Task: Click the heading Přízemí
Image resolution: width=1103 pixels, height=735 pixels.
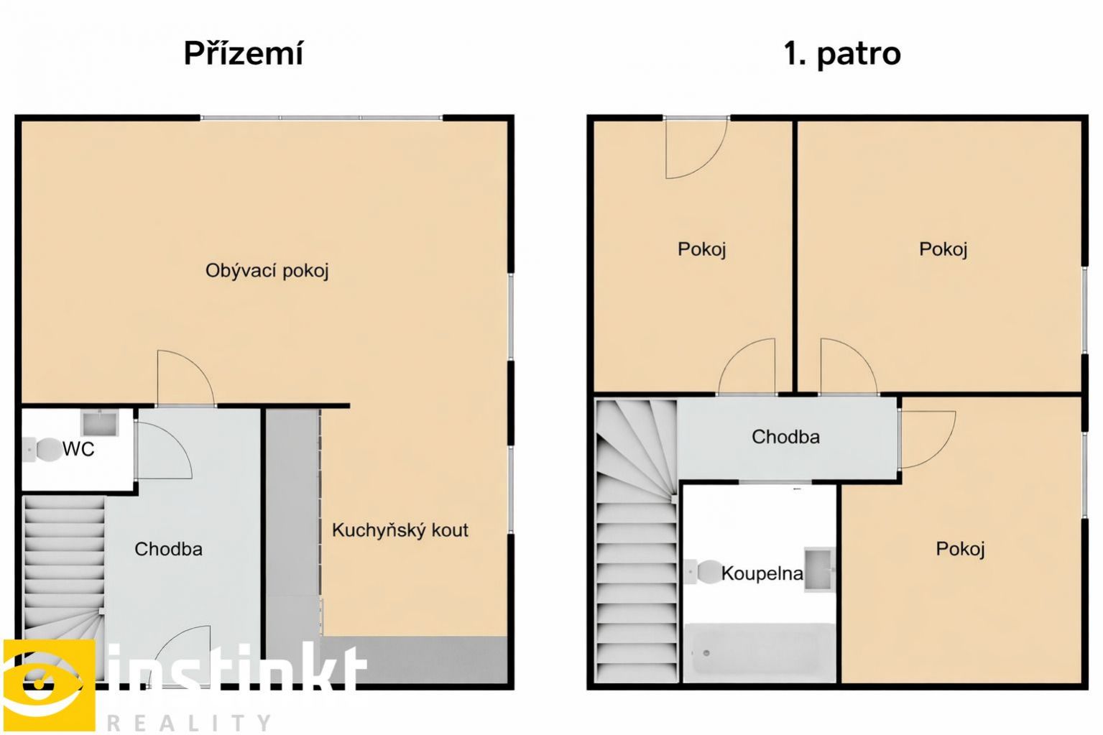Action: point(244,54)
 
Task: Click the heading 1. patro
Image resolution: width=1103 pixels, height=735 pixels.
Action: point(842,54)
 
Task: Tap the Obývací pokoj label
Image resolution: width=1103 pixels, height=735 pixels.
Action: point(267,271)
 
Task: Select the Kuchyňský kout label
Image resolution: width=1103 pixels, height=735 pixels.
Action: point(400,530)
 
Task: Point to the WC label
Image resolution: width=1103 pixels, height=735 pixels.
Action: point(78,449)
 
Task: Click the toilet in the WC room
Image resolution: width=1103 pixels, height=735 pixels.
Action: point(42,449)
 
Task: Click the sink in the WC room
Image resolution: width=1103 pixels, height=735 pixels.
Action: point(100,423)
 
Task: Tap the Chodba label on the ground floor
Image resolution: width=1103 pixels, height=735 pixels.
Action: point(168,549)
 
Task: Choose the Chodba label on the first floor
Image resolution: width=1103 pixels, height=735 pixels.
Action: point(785,437)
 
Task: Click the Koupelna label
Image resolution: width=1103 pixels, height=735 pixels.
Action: point(762,573)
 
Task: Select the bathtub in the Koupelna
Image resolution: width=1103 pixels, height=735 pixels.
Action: point(760,652)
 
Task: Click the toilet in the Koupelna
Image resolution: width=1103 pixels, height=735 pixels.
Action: point(703,572)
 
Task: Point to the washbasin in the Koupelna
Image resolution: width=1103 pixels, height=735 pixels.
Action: point(819,569)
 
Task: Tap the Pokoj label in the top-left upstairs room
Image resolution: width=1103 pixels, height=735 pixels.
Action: point(702,249)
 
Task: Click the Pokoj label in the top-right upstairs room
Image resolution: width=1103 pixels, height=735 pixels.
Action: point(943,249)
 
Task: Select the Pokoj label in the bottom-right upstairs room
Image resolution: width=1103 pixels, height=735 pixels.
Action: point(960,548)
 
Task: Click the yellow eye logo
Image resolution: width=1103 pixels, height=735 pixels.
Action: point(48,684)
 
